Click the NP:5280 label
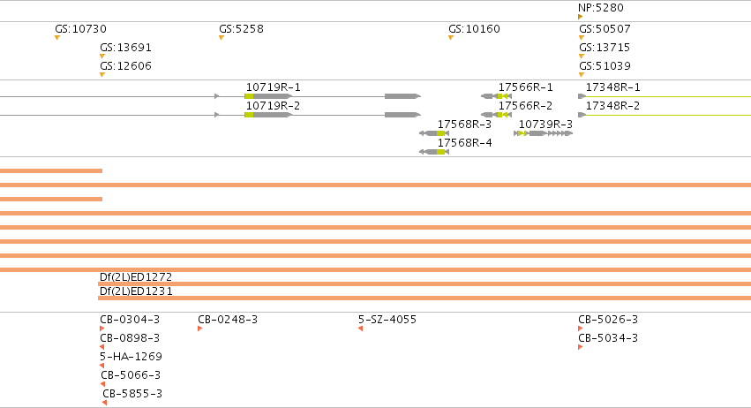pos(601,8)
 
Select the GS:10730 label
pos(80,29)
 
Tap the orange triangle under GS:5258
pos(222,37)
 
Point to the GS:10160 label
pos(474,29)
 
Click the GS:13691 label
pos(125,48)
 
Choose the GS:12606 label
pos(125,66)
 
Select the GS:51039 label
pos(605,66)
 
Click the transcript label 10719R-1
pos(273,87)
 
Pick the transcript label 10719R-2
pos(273,106)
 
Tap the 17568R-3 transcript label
pos(464,125)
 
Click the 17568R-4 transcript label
pos(464,143)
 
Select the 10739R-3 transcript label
pos(545,125)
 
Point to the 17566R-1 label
pos(525,87)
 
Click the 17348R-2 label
pos(612,106)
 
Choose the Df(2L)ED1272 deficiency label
pos(136,277)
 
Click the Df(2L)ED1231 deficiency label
pos(136,291)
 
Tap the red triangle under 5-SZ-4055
pos(361,329)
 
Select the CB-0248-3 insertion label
pos(228,320)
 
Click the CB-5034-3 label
pos(608,338)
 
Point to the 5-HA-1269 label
pos(131,357)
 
